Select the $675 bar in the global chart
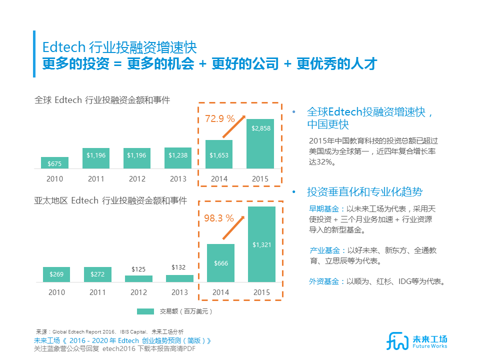click(55, 163)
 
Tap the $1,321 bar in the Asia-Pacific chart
click(261, 244)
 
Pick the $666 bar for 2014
click(221, 263)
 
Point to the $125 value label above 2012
click(138, 269)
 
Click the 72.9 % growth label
click(220, 119)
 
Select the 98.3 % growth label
click(219, 218)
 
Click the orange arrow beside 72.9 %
click(233, 127)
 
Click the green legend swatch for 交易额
click(145, 311)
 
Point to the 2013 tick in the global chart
click(178, 179)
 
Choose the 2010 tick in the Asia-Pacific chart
click(56, 292)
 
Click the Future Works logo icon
click(398, 340)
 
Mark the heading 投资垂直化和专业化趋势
click(364, 192)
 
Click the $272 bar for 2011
click(97, 274)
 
